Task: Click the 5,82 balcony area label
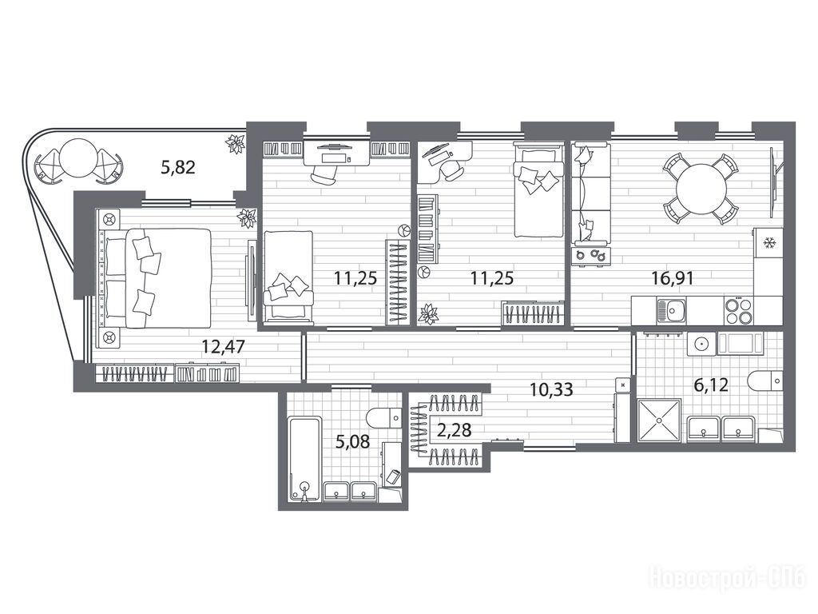pos(178,167)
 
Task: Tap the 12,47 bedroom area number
pos(224,346)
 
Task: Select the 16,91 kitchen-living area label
pos(673,277)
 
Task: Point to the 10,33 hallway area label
pos(551,389)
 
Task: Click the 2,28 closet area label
pos(455,430)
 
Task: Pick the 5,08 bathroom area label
pos(352,442)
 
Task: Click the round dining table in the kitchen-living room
pos(701,189)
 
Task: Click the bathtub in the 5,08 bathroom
pos(304,459)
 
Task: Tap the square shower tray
pos(659,421)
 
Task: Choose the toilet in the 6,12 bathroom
pos(764,381)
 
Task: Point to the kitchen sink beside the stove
pos(671,311)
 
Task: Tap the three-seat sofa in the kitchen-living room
pos(590,193)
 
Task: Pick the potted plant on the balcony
pos(236,144)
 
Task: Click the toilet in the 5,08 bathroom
pos(383,417)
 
